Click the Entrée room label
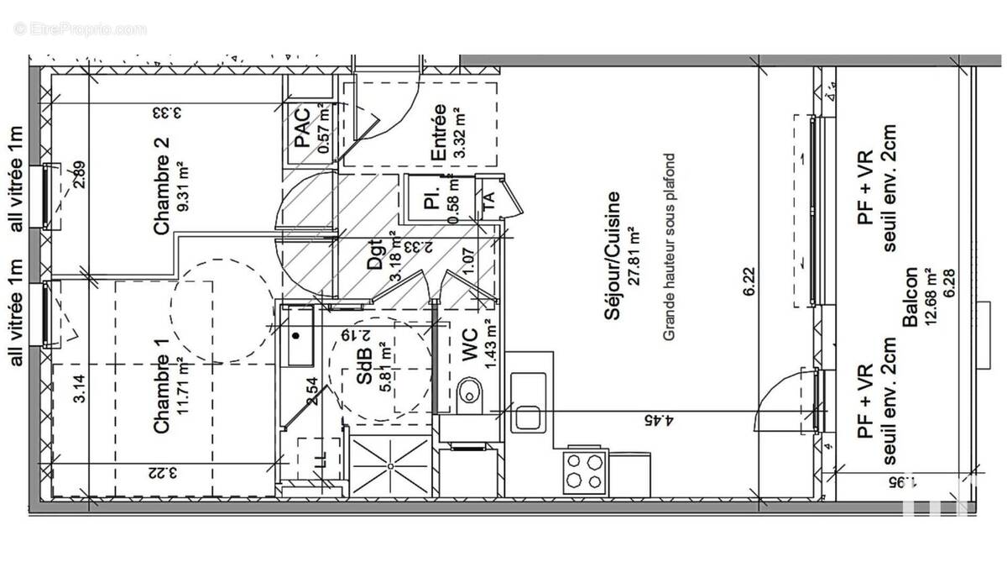[437, 132]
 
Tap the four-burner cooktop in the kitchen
[586, 470]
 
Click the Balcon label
[908, 297]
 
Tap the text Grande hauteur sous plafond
[670, 248]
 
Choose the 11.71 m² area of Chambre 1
[183, 394]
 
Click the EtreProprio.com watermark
[81, 29]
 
